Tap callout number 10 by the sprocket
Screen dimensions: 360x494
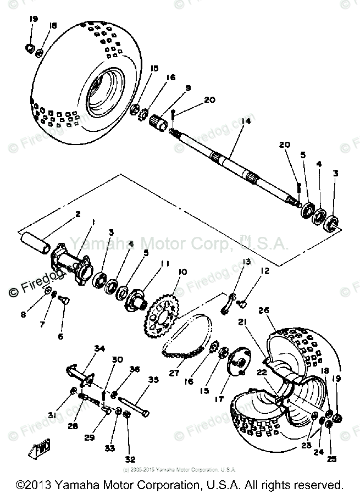(181, 272)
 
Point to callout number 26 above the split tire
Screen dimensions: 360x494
(263, 311)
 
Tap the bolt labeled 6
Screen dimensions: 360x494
(63, 300)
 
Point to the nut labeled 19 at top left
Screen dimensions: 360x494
(30, 47)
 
